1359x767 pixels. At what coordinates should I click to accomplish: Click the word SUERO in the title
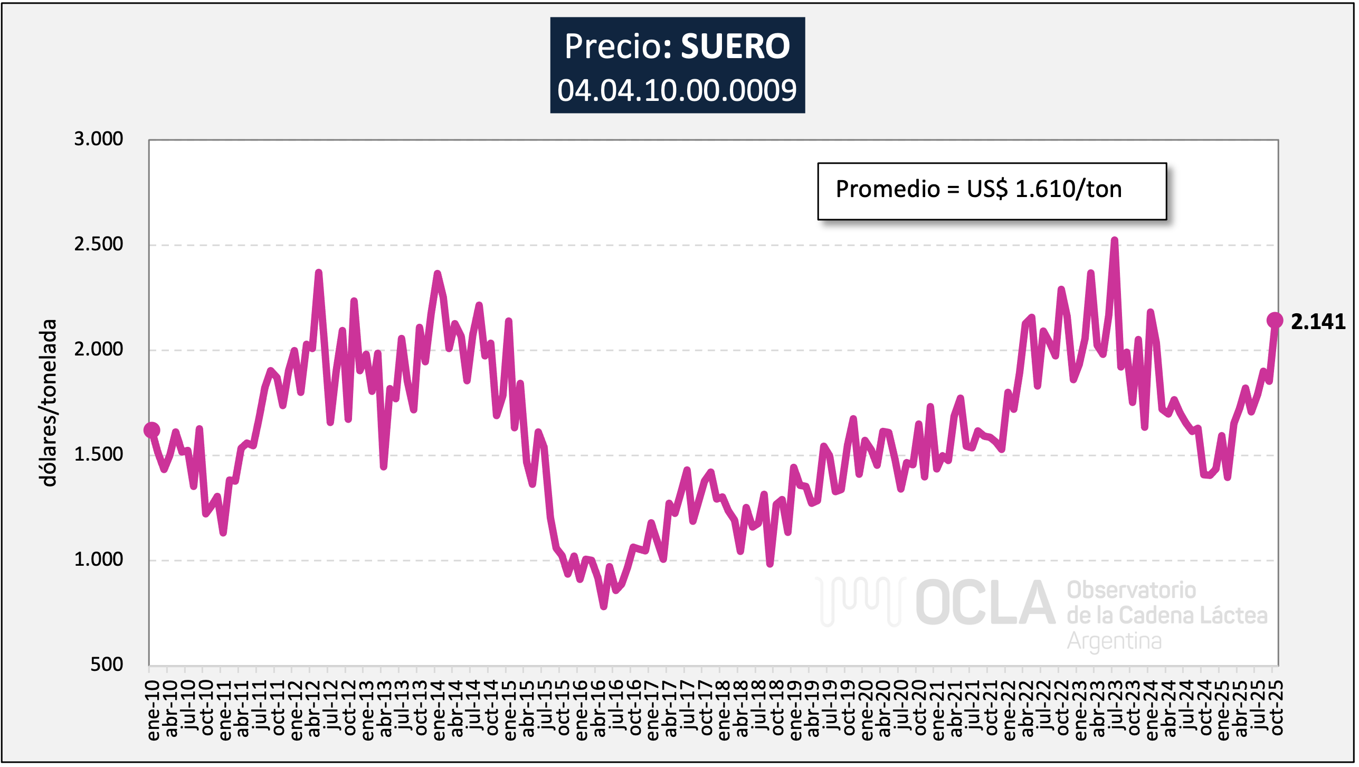pyautogui.click(x=735, y=46)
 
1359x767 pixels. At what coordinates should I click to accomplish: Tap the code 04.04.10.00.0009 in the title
pyautogui.click(x=677, y=90)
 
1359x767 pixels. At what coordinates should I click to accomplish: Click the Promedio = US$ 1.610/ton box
pyautogui.click(x=991, y=191)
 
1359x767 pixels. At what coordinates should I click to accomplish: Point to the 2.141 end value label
pyautogui.click(x=1317, y=322)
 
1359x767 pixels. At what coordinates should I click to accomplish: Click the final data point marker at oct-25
pyautogui.click(x=1275, y=320)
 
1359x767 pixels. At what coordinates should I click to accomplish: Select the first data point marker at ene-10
pyautogui.click(x=151, y=430)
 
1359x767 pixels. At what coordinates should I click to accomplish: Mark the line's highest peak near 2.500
pyautogui.click(x=1114, y=241)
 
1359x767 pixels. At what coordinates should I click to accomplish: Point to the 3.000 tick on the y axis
pyautogui.click(x=98, y=139)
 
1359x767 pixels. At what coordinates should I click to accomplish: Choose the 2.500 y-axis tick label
pyautogui.click(x=98, y=244)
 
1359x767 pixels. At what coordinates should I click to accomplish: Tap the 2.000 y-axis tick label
pyautogui.click(x=98, y=349)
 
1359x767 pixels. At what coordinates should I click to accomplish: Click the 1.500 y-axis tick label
pyautogui.click(x=98, y=454)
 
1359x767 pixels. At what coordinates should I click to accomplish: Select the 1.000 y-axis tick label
pyautogui.click(x=98, y=559)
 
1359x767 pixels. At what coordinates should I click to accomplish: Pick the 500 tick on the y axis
pyautogui.click(x=106, y=665)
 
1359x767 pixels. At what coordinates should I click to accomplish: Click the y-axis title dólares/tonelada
pyautogui.click(x=49, y=403)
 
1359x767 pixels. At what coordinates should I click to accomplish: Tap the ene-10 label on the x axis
pyautogui.click(x=153, y=710)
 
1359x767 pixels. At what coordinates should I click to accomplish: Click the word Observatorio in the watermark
pyautogui.click(x=1131, y=591)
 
